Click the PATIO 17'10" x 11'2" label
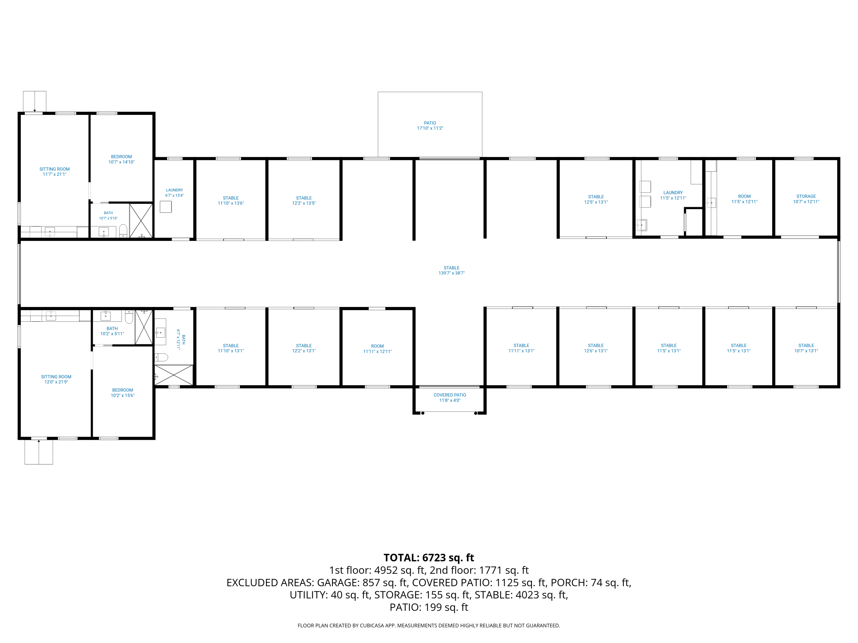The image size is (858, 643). click(x=430, y=125)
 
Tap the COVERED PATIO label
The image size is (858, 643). click(x=450, y=395)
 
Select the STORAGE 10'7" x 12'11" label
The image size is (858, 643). click(x=806, y=199)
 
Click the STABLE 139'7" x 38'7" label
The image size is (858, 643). click(x=452, y=271)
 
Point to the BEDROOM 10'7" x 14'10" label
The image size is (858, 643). click(x=122, y=159)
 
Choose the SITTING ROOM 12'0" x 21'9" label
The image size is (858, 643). click(x=56, y=379)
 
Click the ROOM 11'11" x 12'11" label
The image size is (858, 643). click(x=378, y=349)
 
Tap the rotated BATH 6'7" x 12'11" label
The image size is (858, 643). click(x=181, y=340)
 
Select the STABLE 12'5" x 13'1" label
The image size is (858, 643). click(x=596, y=199)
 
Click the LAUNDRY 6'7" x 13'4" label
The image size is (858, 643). click(x=174, y=193)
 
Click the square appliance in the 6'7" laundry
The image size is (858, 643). click(x=166, y=207)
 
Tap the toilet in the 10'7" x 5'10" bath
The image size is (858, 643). click(x=123, y=231)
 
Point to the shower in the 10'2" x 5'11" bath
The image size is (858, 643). click(x=144, y=327)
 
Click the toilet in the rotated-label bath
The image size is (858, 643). click(x=161, y=357)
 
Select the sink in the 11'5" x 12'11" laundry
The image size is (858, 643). click(x=641, y=225)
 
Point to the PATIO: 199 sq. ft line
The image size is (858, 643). click(x=429, y=607)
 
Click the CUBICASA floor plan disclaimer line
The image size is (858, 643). click(x=429, y=626)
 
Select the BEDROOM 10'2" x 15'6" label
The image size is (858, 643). click(x=123, y=393)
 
